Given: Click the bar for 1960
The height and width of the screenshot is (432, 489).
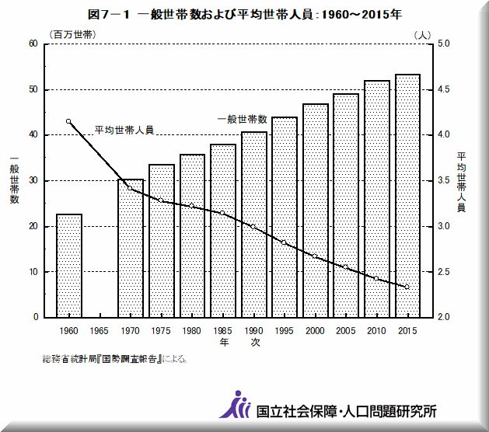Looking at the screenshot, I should coord(69,266).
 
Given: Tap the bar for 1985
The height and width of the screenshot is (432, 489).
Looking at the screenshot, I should coord(223,231).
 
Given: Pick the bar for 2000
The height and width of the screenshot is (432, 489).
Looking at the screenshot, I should coord(315,211).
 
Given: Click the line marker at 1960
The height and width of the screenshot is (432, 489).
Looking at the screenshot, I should coord(69,121).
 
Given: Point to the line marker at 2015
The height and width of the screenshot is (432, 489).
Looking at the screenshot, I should coord(407,287).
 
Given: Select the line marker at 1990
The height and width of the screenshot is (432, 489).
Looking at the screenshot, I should coord(253,227).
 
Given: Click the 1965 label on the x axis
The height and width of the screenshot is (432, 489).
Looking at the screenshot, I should coord(100,330).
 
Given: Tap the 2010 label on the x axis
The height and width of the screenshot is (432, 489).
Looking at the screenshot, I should coord(376,330).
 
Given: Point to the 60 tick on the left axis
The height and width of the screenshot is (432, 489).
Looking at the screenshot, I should coord(33,44).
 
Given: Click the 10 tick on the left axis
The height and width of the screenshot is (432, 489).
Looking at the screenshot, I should coord(33,272).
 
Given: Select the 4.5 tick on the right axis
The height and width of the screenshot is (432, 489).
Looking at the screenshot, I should coord(445,89).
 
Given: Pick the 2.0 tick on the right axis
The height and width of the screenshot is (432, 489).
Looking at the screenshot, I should coord(445,317).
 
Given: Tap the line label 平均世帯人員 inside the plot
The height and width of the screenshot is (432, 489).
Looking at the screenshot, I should coord(124,130).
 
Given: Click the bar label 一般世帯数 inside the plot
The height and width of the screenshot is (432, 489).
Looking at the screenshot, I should coord(242,119).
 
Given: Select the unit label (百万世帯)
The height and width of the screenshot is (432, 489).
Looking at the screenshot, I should coord(71,34).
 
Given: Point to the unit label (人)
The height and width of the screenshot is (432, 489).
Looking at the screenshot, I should coord(422,34).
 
